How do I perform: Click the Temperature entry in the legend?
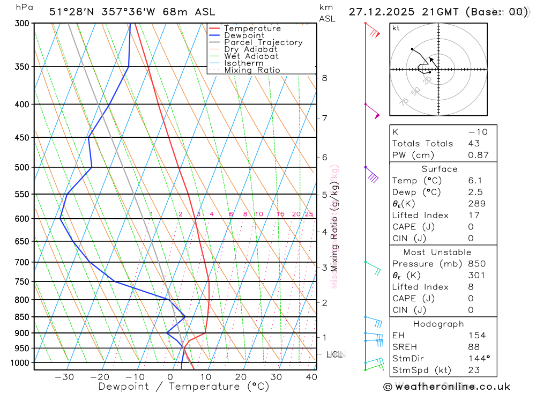252,28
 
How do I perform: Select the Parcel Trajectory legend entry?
263,42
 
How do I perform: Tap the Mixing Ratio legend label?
252,70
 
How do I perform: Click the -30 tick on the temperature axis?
64,377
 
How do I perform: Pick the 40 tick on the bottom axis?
311,377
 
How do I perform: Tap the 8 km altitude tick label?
324,78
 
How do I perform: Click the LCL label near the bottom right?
335,354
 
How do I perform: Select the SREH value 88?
473,347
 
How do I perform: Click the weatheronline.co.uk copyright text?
447,387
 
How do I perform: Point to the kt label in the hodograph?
396,28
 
